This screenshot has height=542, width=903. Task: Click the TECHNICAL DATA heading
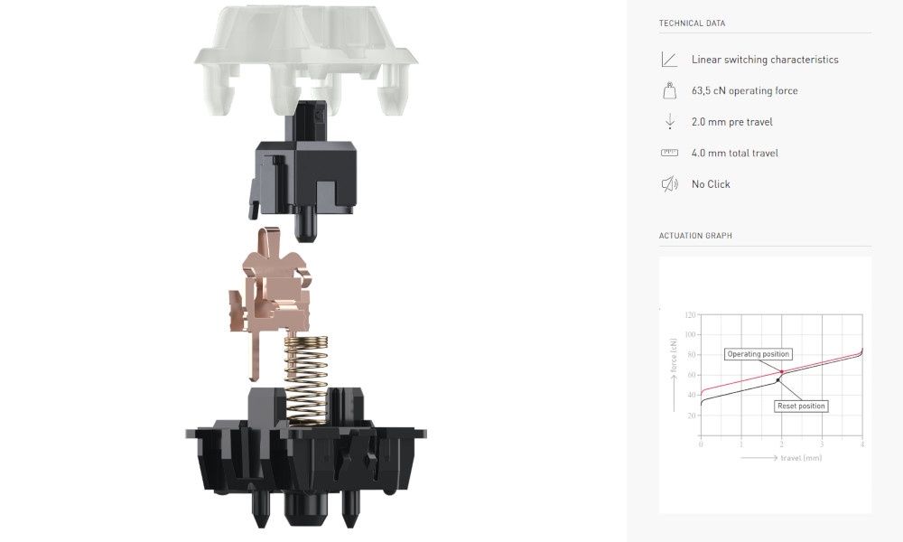click(692, 23)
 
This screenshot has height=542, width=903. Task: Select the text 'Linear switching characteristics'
click(765, 60)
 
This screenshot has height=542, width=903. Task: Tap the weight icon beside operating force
click(669, 90)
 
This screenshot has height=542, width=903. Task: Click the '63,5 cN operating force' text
click(745, 90)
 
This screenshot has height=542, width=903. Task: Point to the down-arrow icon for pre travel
click(670, 121)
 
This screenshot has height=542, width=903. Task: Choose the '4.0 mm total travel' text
click(735, 153)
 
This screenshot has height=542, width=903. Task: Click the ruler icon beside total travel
click(669, 153)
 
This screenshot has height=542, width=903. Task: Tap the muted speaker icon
click(669, 183)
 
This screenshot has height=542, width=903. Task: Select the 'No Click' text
click(711, 183)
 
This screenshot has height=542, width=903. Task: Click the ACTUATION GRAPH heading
click(695, 236)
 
